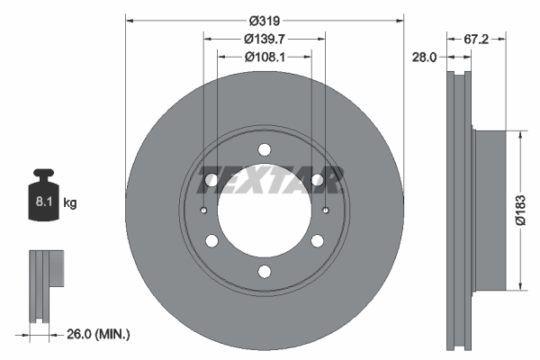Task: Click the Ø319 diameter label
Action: click(x=265, y=20)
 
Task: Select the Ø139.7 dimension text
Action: click(x=265, y=39)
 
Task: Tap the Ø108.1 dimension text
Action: click(x=265, y=57)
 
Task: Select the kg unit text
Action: click(x=70, y=203)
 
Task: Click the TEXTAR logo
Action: click(x=270, y=180)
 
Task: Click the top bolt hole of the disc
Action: click(x=264, y=150)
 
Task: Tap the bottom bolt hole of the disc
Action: click(x=264, y=272)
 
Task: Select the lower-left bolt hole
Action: click(x=211, y=241)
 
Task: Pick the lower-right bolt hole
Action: click(x=317, y=241)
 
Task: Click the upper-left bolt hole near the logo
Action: click(x=211, y=181)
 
